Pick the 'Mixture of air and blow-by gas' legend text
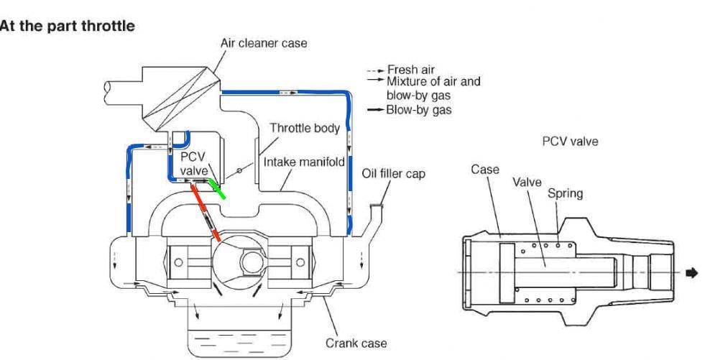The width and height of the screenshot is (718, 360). (434, 86)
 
